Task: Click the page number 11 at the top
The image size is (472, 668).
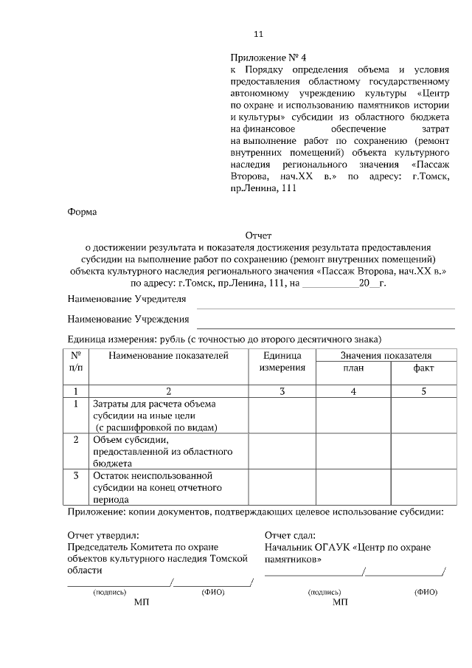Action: tap(257, 34)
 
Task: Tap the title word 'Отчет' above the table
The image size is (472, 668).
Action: tap(258, 236)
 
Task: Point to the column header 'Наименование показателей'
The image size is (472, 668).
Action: tap(168, 356)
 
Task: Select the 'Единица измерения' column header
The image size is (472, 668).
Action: tap(282, 362)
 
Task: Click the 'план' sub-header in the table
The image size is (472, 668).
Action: tap(353, 368)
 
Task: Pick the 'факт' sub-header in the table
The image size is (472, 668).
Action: tap(423, 368)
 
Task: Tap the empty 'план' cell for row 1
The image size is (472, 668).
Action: tap(353, 415)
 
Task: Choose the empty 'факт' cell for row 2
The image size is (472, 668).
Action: tap(423, 451)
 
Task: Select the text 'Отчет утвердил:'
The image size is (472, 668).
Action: tap(103, 534)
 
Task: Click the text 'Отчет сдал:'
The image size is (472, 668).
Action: tap(290, 534)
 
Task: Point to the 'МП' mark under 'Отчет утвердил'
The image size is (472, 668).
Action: tap(142, 603)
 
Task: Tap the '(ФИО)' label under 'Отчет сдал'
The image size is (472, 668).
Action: tap(426, 592)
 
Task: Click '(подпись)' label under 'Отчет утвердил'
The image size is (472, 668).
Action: tap(109, 592)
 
